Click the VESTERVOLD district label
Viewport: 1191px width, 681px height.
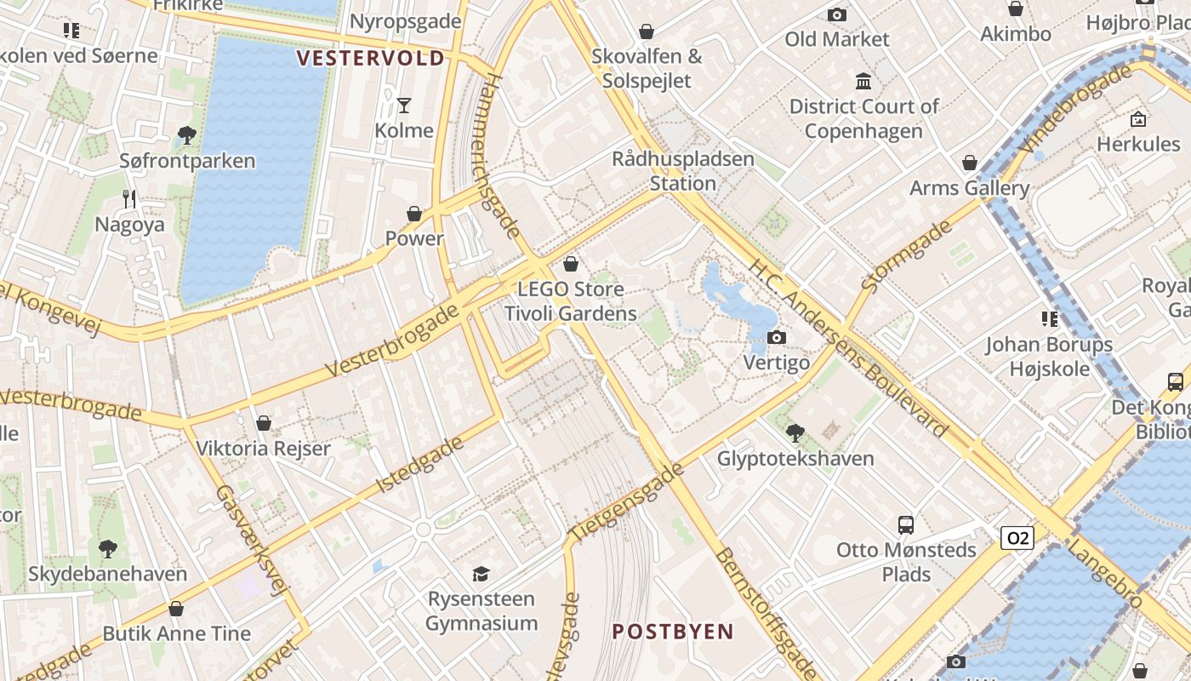(371, 58)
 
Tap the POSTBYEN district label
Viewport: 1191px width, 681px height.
(673, 632)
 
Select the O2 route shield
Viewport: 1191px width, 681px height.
(1017, 538)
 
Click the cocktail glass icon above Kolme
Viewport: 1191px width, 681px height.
(404, 106)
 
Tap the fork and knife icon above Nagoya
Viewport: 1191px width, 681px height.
(129, 199)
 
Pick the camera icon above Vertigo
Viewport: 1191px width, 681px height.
(776, 338)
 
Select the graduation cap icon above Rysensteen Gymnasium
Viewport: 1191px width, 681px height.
(482, 574)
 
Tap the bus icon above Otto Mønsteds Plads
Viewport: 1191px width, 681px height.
(906, 524)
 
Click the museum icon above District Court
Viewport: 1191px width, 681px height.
(863, 82)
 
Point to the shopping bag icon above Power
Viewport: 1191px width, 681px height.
(414, 213)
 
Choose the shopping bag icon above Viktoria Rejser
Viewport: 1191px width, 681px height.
(264, 423)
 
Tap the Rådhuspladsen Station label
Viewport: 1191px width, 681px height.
(683, 171)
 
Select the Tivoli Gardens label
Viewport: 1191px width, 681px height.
(571, 313)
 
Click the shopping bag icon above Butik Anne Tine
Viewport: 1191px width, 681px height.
(176, 609)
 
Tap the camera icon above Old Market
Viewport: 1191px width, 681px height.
(837, 14)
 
